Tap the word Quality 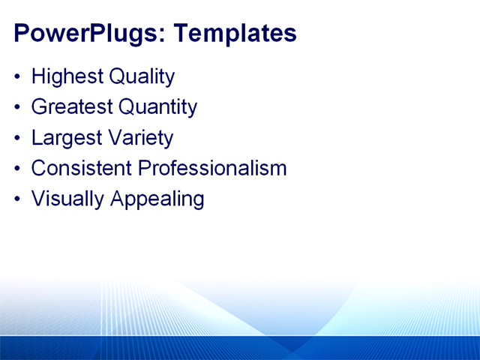(x=142, y=76)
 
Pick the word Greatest (x=72, y=107)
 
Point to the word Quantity (x=157, y=107)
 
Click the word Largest (x=66, y=138)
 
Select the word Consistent (x=81, y=168)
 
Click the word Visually (x=68, y=199)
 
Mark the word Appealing (x=157, y=199)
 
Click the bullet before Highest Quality (x=18, y=77)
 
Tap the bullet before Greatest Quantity (x=18, y=108)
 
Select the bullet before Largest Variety (x=18, y=139)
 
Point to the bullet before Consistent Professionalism (x=18, y=169)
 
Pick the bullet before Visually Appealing (x=18, y=199)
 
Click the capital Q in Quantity (x=125, y=107)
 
